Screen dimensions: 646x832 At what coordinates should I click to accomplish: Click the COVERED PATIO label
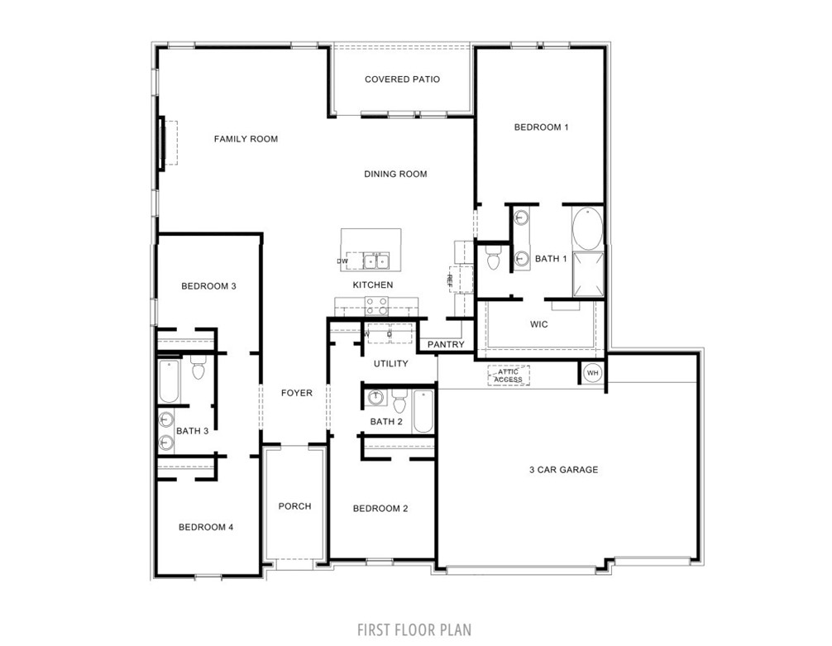402,79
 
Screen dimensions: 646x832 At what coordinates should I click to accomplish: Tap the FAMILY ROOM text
246,139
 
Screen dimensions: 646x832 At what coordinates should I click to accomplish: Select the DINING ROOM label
395,174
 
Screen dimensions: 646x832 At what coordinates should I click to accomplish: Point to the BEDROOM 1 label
541,127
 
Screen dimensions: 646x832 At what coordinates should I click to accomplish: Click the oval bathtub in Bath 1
588,230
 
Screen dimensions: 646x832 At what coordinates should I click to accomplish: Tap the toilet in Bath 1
494,259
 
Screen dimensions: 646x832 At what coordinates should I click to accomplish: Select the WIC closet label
539,324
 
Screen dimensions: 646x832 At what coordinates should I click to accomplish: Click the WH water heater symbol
592,374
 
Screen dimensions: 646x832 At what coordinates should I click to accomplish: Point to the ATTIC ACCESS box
508,376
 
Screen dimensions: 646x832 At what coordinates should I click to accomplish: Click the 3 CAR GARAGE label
563,470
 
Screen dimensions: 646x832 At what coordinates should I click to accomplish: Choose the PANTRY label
446,344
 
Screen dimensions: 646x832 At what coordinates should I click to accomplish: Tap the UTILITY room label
390,363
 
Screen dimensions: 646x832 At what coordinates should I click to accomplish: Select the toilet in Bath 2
400,404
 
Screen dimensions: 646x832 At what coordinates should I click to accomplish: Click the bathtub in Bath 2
423,410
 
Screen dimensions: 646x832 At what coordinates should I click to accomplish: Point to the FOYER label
296,393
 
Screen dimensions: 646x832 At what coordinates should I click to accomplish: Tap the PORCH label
294,506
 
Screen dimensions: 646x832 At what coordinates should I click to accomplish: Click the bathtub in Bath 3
169,380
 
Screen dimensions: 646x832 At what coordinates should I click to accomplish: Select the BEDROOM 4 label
206,527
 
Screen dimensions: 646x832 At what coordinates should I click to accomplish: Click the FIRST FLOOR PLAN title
414,630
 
